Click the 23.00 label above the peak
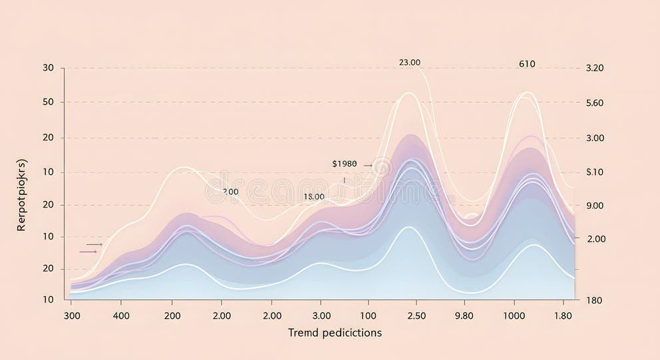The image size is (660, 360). (409, 63)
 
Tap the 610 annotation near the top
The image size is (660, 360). (526, 65)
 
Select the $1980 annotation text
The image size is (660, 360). (344, 164)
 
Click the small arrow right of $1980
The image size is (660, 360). (368, 164)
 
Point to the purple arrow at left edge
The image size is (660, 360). (88, 252)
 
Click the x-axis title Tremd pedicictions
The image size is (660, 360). (335, 332)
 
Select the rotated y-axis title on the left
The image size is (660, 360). (22, 195)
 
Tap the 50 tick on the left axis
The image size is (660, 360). (48, 102)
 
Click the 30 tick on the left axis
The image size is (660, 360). (48, 68)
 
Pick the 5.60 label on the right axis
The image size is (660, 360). (594, 103)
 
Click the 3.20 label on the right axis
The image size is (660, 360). (594, 68)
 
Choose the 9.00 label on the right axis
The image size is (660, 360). (594, 206)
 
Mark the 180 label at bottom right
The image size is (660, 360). (594, 300)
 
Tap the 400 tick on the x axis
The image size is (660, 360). (121, 315)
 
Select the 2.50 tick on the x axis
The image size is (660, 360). (416, 315)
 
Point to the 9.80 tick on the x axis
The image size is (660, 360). (464, 315)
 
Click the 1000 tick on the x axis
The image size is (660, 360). (514, 315)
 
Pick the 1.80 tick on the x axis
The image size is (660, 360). (563, 315)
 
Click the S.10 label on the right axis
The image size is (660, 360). (594, 172)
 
